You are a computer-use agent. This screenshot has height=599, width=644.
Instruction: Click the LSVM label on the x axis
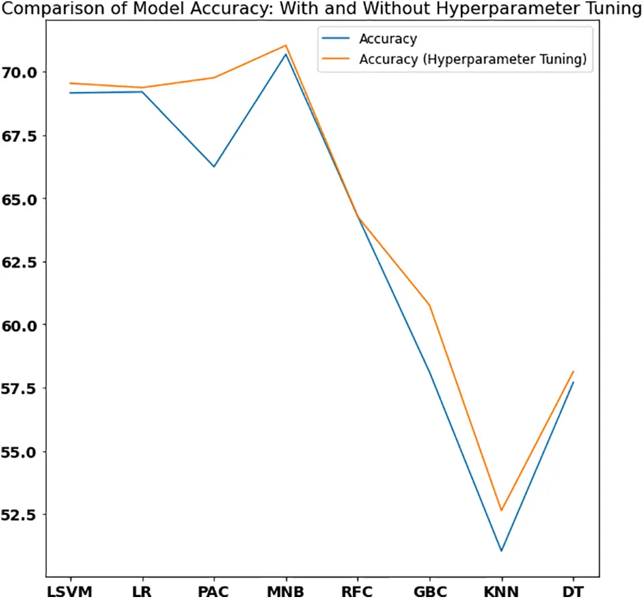[69, 590]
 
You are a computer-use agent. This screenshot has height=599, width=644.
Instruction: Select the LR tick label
[141, 590]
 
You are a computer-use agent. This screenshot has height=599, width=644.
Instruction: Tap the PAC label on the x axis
[214, 590]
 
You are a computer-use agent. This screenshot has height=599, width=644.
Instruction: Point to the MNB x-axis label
[286, 590]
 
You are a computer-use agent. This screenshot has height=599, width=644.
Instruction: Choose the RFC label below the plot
[358, 590]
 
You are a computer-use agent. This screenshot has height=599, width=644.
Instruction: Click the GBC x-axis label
[430, 590]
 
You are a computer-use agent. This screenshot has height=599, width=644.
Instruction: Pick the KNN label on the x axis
[501, 590]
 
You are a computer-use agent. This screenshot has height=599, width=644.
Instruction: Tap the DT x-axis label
[573, 590]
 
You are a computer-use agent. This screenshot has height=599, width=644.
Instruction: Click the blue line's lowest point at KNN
[501, 551]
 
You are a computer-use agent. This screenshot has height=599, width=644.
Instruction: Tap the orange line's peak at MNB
[286, 46]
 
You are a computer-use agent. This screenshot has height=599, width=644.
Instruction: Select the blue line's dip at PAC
[214, 166]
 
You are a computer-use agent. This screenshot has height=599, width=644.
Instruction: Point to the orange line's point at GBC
[430, 305]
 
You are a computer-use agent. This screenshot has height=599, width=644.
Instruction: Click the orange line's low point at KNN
[501, 510]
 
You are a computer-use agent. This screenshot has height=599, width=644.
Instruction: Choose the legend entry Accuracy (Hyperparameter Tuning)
[472, 60]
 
